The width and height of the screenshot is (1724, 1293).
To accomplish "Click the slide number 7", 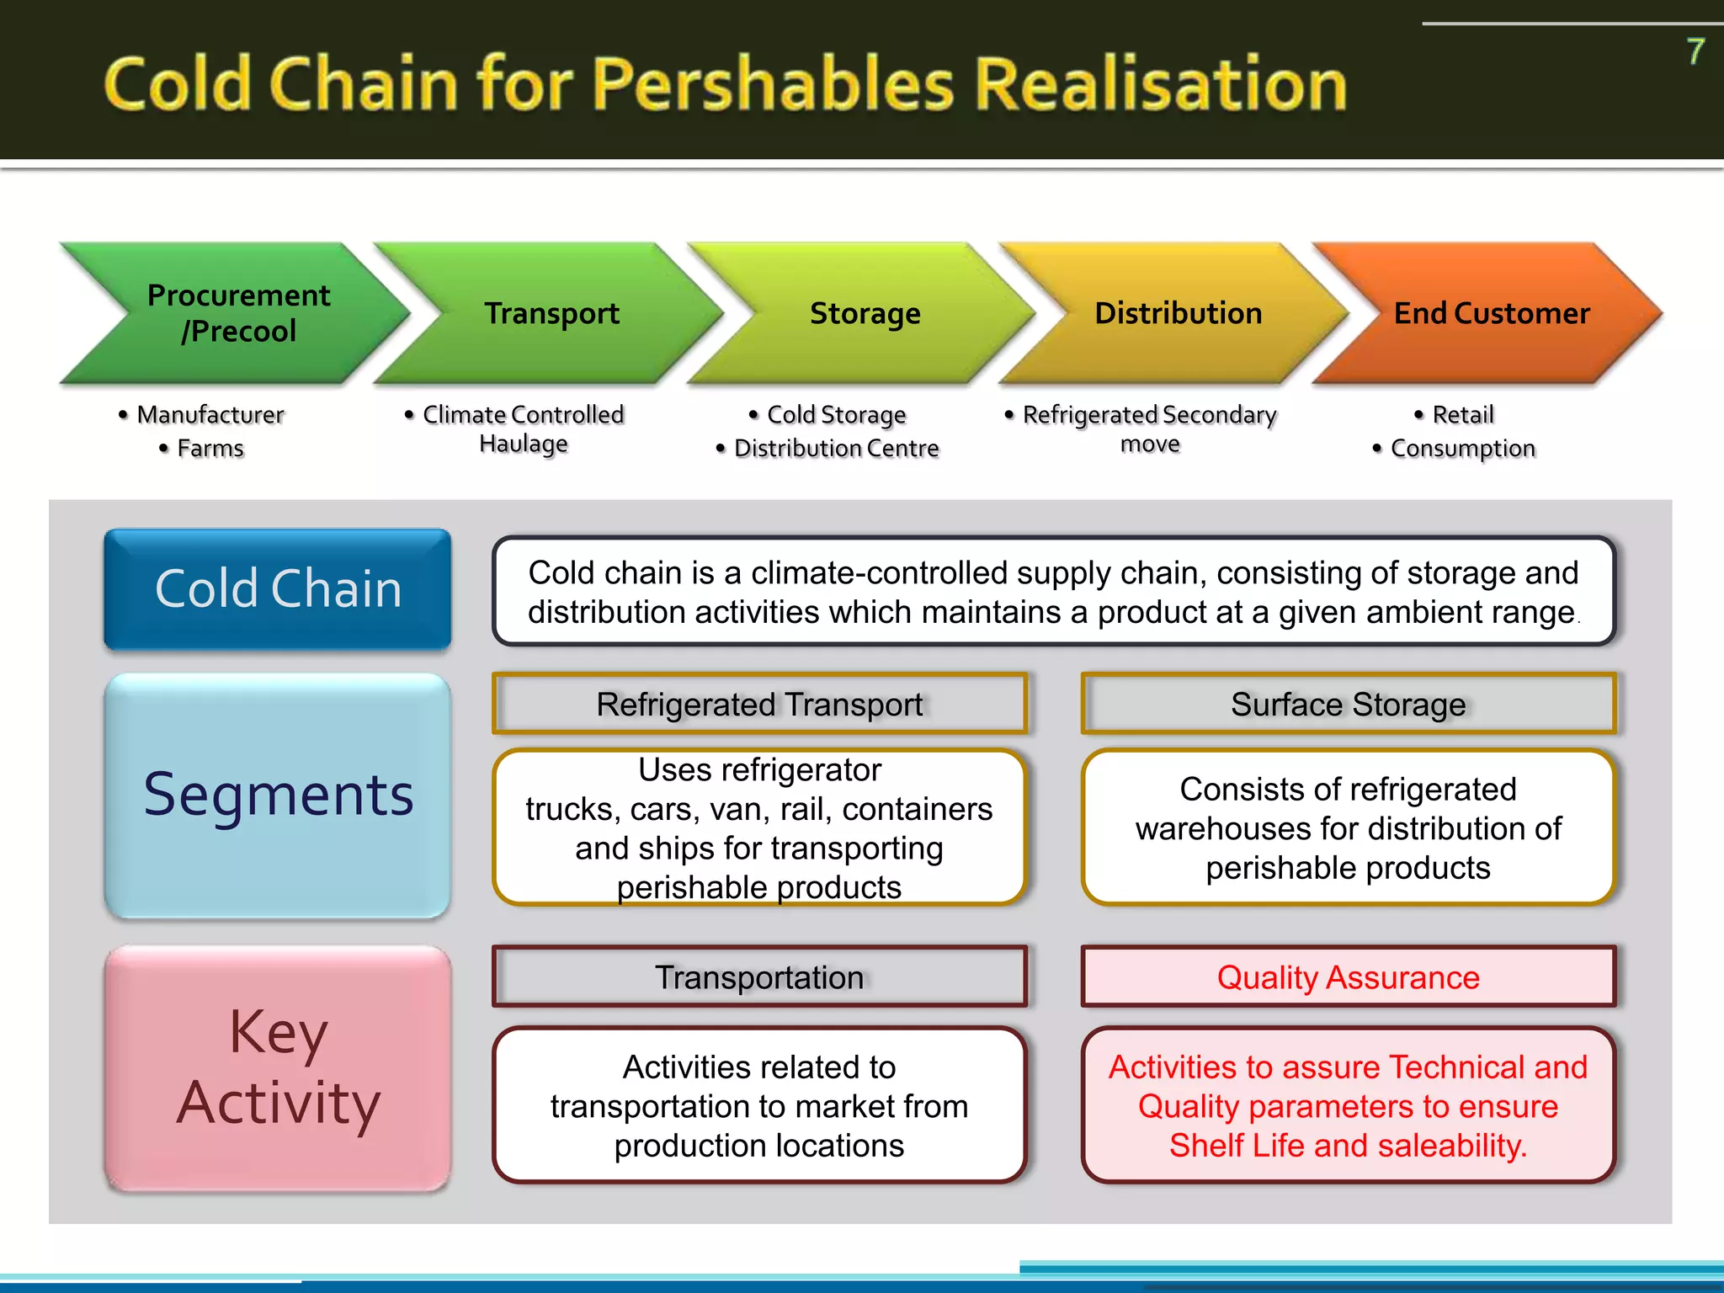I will [1695, 52].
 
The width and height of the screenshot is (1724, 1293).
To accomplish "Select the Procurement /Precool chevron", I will [237, 313].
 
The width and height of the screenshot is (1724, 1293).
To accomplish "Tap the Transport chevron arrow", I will [551, 313].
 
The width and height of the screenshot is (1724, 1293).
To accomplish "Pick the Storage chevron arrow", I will [865, 313].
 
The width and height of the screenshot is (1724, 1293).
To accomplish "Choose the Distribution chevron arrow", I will [1178, 313].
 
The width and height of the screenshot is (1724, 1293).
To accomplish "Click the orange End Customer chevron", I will [1491, 313].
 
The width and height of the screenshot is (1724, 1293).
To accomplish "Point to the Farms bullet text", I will [210, 449].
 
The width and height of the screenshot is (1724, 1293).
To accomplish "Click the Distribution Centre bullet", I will [835, 449].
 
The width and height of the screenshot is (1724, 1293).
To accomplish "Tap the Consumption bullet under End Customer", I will [1462, 449].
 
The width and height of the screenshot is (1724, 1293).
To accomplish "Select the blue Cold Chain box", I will [278, 588].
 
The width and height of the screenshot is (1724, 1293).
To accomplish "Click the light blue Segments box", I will [278, 795].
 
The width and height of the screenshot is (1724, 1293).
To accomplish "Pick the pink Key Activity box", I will [278, 1067].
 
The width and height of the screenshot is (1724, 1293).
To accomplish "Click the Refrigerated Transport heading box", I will [759, 704].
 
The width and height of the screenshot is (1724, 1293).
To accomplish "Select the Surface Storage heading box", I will [1348, 704].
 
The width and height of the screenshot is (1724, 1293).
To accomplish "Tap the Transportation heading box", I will [759, 977].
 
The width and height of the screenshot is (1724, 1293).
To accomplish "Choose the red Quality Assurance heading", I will [1348, 977].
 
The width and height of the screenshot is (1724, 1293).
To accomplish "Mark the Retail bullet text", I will [1462, 415].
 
